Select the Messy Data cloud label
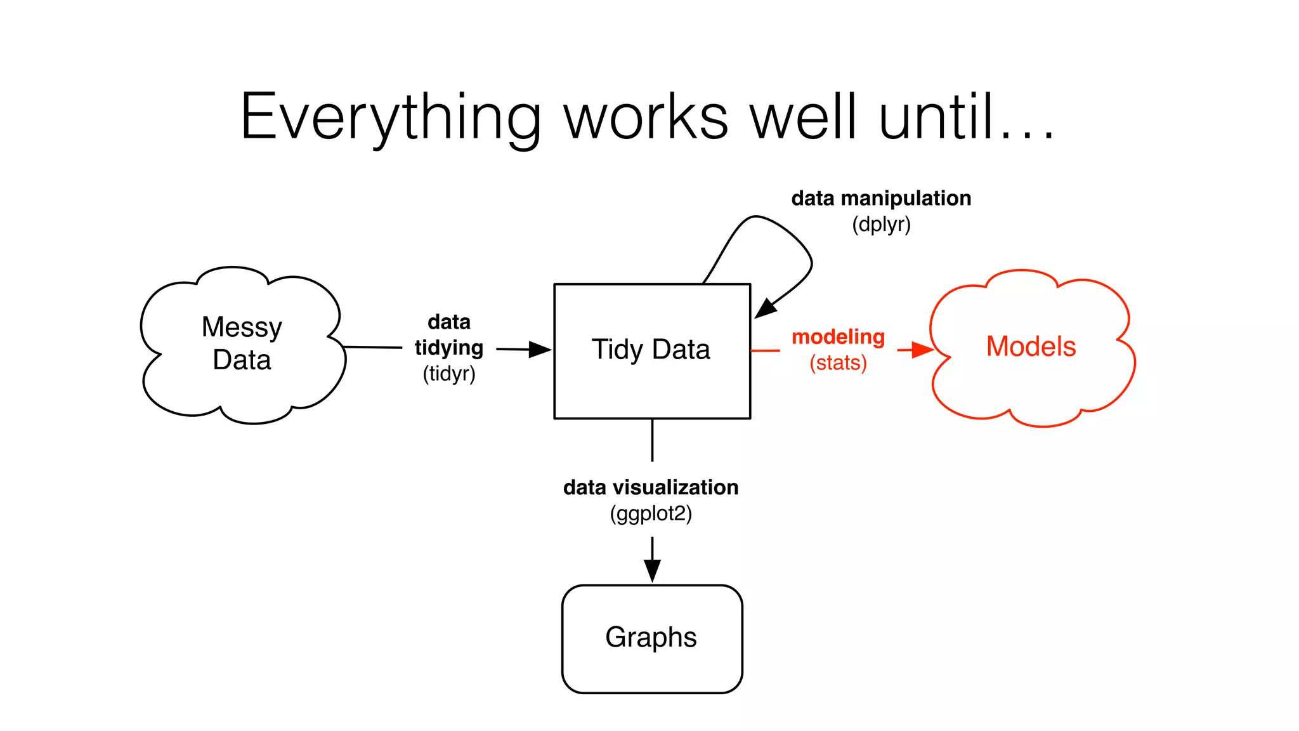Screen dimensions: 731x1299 242,343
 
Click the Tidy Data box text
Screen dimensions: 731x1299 651,350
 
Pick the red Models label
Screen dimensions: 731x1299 1031,346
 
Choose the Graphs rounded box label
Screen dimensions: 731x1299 651,637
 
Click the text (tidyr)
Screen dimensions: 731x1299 449,374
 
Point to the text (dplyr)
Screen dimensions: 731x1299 881,225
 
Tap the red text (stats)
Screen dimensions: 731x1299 838,363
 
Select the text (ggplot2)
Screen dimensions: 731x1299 651,513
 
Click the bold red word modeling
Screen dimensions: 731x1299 838,336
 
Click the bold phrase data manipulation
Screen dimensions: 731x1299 881,198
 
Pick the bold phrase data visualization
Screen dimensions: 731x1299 651,487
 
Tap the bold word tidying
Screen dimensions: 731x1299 449,348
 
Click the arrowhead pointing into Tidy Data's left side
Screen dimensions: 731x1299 540,349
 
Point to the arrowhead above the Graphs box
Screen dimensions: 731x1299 652,570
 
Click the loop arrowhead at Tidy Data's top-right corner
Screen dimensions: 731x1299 766,308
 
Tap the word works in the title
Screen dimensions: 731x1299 646,117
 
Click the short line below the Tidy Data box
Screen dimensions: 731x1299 652,440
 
